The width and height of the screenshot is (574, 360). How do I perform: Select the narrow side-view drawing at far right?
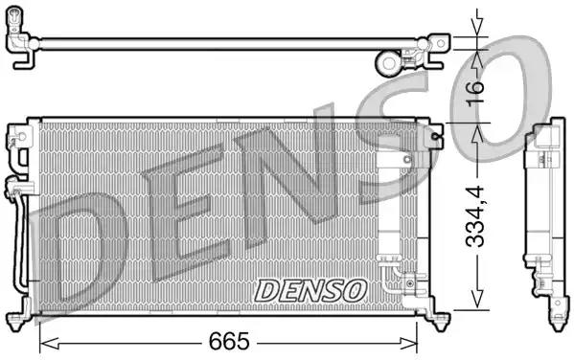coord(541,220)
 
